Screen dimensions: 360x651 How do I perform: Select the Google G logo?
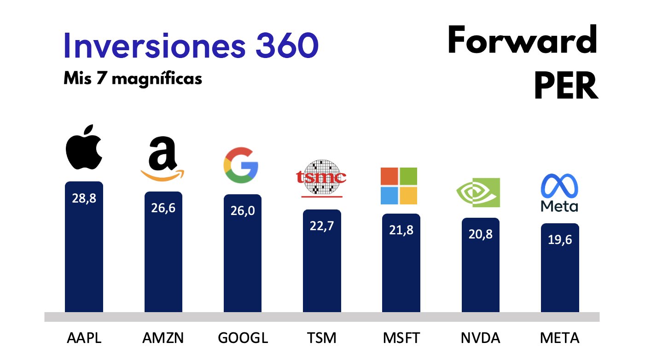pyautogui.click(x=241, y=165)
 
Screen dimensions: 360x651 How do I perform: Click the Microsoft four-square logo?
pyautogui.click(x=399, y=186)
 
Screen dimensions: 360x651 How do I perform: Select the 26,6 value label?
pyautogui.click(x=163, y=208)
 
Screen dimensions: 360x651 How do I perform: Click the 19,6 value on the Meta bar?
pyautogui.click(x=560, y=240)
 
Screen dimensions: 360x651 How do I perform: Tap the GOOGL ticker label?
pyautogui.click(x=242, y=338)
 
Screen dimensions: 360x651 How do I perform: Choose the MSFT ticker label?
pyautogui.click(x=401, y=338)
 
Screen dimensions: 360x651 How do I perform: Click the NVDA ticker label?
pyautogui.click(x=480, y=338)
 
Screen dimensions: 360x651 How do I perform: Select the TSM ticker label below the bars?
pyautogui.click(x=321, y=338)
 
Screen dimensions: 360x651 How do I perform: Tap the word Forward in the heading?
pyautogui.click(x=523, y=41)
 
